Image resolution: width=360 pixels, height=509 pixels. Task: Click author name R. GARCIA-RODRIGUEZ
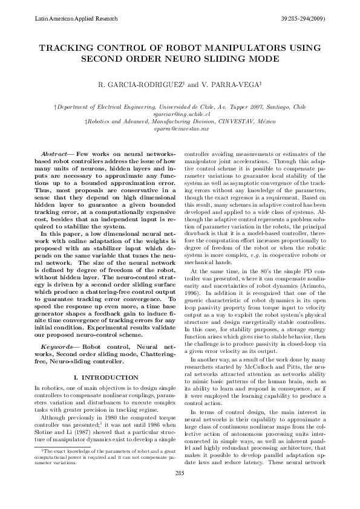coord(140,85)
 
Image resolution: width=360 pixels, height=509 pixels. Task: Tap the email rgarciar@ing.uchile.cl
coord(180,114)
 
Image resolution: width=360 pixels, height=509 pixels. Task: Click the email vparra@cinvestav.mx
coord(180,128)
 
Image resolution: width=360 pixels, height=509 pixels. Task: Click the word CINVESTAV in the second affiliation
coord(244,121)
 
